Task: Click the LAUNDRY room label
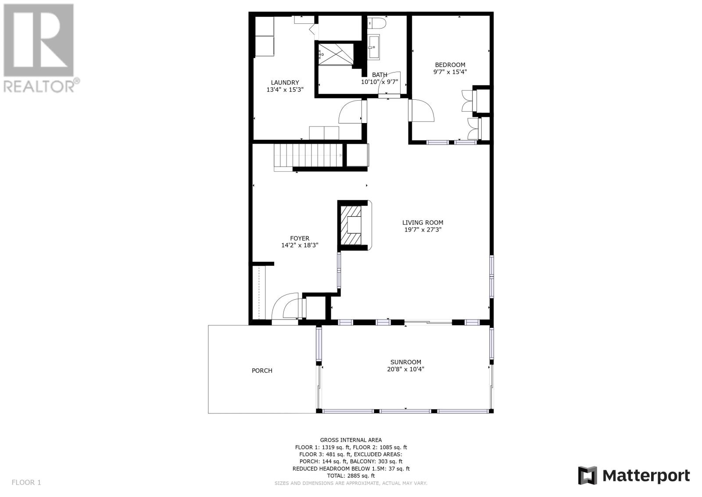[285, 83]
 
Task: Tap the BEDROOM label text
[450, 65]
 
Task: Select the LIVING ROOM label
[423, 223]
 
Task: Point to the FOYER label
[300, 238]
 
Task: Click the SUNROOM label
[405, 362]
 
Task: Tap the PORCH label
[262, 370]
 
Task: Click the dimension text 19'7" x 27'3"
[423, 229]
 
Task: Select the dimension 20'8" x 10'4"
[405, 369]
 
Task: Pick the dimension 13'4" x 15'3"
[285, 90]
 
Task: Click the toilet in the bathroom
[376, 23]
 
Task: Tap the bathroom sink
[373, 47]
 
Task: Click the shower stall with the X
[336, 54]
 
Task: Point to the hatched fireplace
[351, 225]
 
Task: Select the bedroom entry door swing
[422, 110]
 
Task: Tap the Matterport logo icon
[587, 475]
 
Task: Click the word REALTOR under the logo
[39, 86]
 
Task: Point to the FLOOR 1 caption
[26, 482]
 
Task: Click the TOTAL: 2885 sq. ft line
[351, 475]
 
